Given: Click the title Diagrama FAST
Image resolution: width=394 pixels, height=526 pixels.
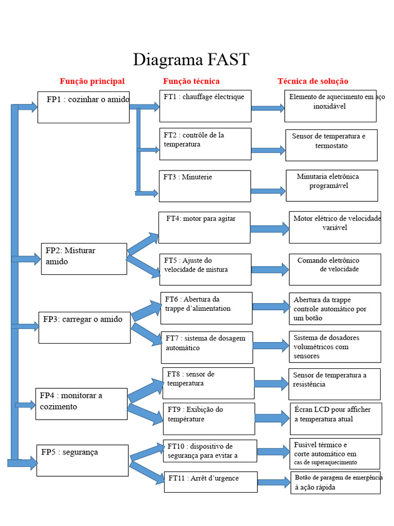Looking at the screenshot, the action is pyautogui.click(x=191, y=60).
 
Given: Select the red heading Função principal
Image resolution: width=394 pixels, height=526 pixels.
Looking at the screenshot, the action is pyautogui.click(x=92, y=81).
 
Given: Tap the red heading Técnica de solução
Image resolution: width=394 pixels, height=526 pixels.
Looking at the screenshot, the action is pyautogui.click(x=313, y=81).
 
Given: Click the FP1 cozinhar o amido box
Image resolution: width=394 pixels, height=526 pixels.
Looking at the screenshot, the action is pyautogui.click(x=84, y=107).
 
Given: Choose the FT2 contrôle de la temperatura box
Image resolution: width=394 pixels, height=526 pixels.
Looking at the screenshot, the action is pyautogui.click(x=205, y=144).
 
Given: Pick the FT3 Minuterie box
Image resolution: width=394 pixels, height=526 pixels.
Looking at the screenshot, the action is pyautogui.click(x=205, y=186).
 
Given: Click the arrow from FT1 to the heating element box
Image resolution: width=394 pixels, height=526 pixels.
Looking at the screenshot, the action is pyautogui.click(x=268, y=108).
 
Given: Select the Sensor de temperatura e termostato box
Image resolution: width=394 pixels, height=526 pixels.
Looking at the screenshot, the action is pyautogui.click(x=331, y=145).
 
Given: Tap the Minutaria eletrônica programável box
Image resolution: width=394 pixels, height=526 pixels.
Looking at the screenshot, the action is pyautogui.click(x=332, y=185).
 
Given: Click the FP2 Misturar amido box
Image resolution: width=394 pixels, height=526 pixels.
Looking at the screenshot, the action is pyautogui.click(x=84, y=259).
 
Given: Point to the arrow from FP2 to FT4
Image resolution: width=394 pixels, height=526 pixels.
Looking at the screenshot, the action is pyautogui.click(x=143, y=243).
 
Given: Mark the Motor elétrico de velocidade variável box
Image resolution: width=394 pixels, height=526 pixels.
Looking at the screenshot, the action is pyautogui.click(x=335, y=227).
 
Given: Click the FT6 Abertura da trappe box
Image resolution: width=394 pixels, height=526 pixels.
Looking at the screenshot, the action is pyautogui.click(x=206, y=308).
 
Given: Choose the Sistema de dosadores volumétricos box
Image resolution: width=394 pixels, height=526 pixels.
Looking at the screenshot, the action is pyautogui.click(x=335, y=347).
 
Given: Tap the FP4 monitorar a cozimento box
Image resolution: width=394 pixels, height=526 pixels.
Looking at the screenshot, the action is pyautogui.click(x=82, y=404).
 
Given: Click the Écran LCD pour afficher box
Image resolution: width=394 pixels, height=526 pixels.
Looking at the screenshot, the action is pyautogui.click(x=336, y=419).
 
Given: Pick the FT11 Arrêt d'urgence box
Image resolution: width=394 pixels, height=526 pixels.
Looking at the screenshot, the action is pyautogui.click(x=211, y=482).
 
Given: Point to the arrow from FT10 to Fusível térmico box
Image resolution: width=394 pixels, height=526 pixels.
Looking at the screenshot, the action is pyautogui.click(x=273, y=452).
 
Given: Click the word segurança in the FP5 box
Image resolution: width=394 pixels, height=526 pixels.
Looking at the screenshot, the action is pyautogui.click(x=81, y=452).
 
